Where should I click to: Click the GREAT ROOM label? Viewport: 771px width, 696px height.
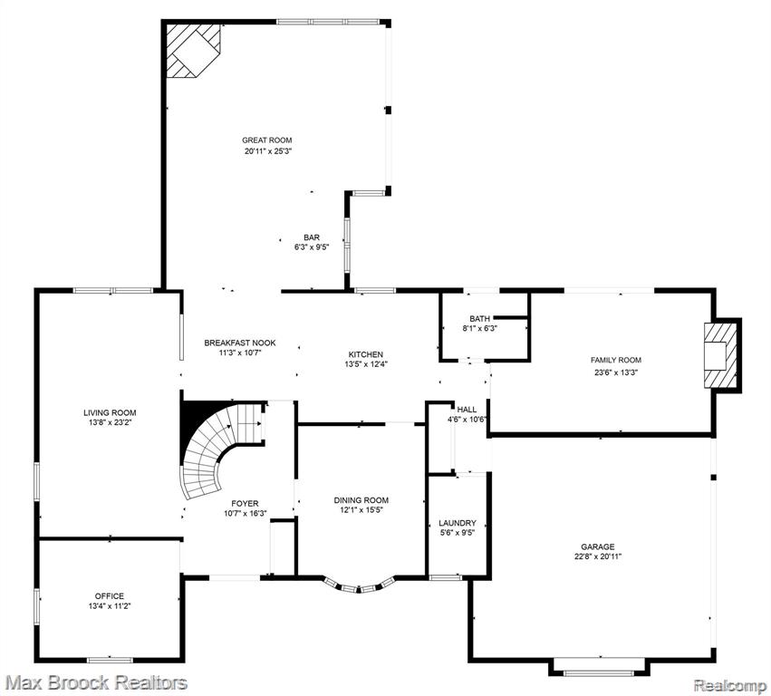click(x=266, y=140)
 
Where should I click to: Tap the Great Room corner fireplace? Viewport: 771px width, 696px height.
click(x=193, y=51)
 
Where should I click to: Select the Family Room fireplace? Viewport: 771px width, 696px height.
click(x=721, y=355)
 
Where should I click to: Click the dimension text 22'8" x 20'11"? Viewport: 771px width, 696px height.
click(x=597, y=556)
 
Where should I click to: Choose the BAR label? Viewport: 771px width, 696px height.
click(x=312, y=237)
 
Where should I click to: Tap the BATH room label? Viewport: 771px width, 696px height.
click(x=479, y=319)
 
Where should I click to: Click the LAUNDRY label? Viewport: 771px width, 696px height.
click(x=458, y=523)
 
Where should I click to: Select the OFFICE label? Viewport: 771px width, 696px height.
click(x=110, y=596)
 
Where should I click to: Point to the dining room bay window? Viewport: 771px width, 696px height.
click(x=360, y=585)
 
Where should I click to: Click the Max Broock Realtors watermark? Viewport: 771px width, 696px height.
click(x=96, y=682)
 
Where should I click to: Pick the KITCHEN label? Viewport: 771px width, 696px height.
click(x=365, y=354)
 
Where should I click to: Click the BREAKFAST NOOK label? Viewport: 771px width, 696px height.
click(x=240, y=343)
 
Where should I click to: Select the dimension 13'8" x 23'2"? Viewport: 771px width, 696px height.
click(x=109, y=422)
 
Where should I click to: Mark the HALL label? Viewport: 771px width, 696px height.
click(x=467, y=410)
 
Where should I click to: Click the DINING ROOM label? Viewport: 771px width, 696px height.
click(x=361, y=500)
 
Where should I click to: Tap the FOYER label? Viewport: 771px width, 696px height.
click(x=245, y=504)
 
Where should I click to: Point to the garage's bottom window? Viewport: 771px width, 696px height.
click(x=599, y=672)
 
